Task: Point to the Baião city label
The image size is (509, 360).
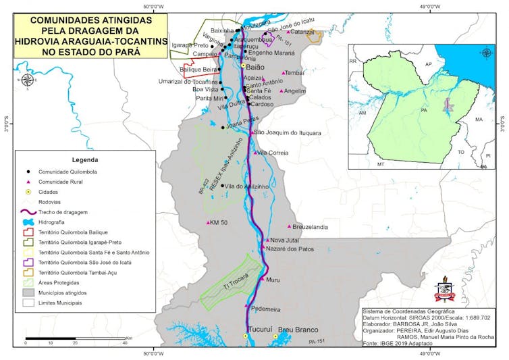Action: (255, 68)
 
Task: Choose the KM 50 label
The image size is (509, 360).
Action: (219, 222)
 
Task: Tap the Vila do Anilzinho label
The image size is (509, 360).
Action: (247, 186)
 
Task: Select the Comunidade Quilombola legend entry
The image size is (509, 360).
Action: (68, 172)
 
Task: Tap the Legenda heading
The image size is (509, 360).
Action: (84, 160)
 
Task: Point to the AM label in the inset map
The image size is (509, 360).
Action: (363, 113)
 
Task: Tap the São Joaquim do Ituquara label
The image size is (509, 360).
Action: (288, 132)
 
